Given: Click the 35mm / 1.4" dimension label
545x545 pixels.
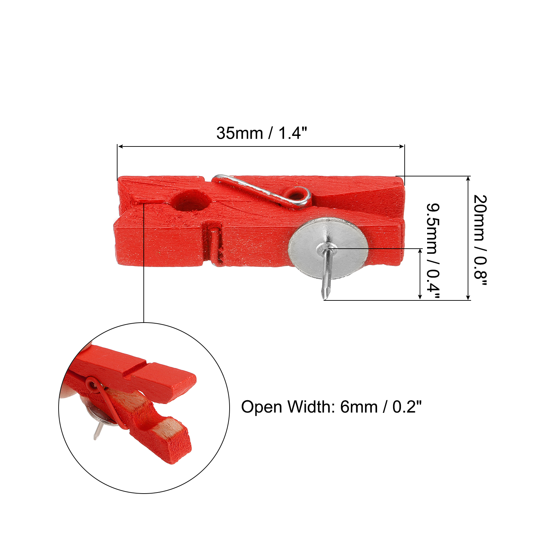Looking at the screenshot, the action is (262, 133).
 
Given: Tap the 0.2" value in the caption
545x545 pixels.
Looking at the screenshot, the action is (407, 407).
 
